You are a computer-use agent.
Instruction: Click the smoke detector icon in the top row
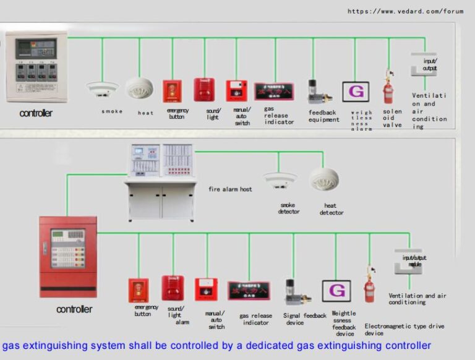coord(102,90)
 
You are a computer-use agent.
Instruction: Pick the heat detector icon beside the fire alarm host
coord(324,179)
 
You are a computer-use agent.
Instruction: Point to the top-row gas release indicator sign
coord(274,91)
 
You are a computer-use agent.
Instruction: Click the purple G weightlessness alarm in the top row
coord(356,92)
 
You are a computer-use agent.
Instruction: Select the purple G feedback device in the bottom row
coord(336,291)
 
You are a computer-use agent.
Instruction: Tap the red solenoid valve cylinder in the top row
coord(388,92)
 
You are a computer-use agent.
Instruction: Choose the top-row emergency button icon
coord(173,92)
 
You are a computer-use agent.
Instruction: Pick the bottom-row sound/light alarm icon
coord(173,288)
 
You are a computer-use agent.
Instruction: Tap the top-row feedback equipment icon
coord(314,91)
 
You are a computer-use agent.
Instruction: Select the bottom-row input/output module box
coord(408,262)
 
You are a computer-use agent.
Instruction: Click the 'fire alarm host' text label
coord(230,189)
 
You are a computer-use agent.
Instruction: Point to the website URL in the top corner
coord(405,11)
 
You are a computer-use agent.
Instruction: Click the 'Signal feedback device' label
coord(304,319)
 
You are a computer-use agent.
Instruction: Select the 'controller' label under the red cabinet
coord(74,309)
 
